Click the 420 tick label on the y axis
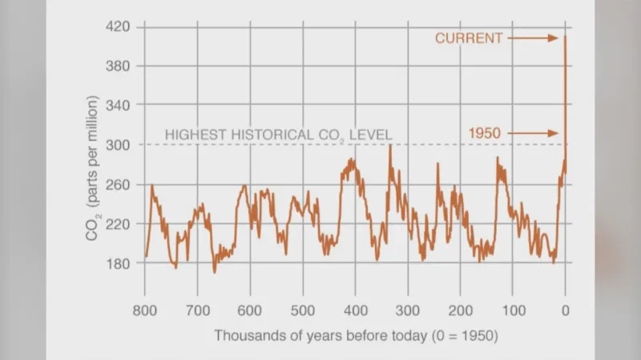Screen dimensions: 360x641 (x=119, y=26)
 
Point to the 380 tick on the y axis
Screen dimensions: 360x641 (x=119, y=66)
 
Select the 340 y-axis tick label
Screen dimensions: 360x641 (x=119, y=105)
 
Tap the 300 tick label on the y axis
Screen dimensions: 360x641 (x=119, y=144)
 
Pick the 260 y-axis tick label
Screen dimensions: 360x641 (x=119, y=184)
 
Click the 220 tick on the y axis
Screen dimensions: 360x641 (x=119, y=223)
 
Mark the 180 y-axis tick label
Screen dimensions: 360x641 (x=119, y=262)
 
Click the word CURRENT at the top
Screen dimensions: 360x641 (x=469, y=38)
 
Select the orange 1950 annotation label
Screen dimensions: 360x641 (x=486, y=132)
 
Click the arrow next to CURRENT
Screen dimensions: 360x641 (x=533, y=38)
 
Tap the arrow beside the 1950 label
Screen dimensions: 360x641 (x=533, y=132)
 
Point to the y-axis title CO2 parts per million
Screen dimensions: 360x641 (x=93, y=168)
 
